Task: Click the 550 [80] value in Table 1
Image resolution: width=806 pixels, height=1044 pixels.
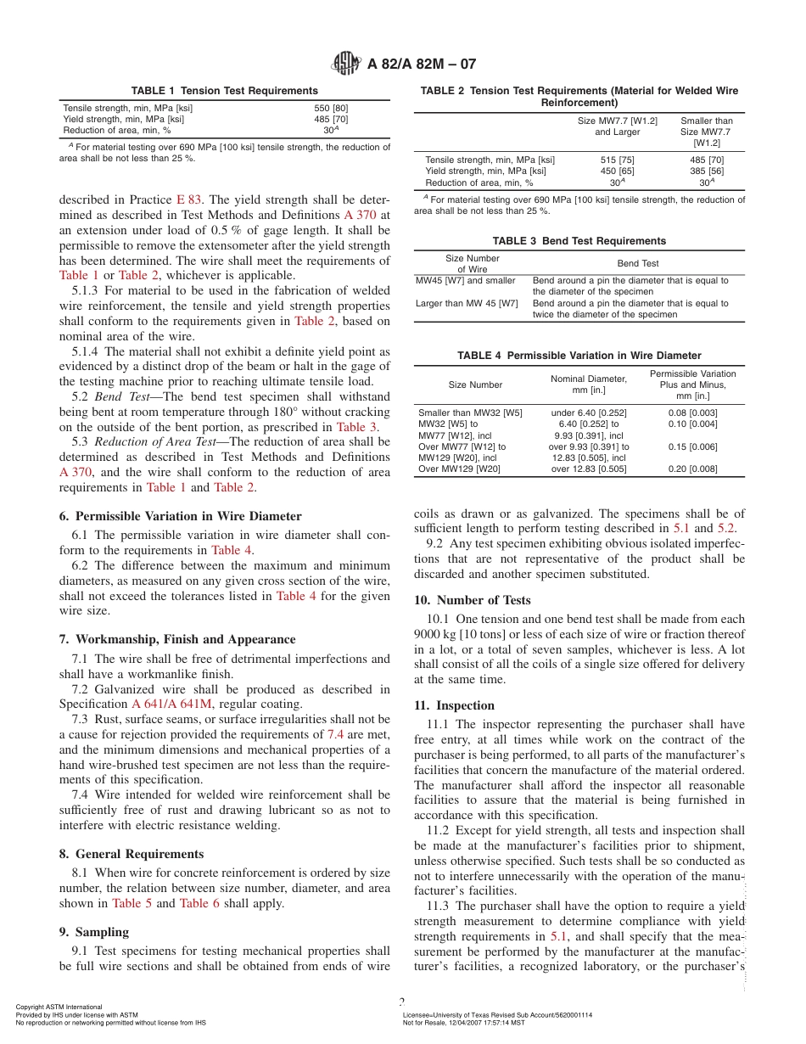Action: pyautogui.click(x=331, y=108)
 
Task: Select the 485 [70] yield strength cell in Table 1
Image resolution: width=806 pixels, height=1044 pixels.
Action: pyautogui.click(x=331, y=119)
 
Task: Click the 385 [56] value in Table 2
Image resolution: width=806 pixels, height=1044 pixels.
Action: pyautogui.click(x=706, y=171)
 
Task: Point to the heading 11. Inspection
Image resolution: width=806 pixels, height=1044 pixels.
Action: pyautogui.click(x=454, y=705)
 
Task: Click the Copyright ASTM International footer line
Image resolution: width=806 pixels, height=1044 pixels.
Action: pyautogui.click(x=59, y=1008)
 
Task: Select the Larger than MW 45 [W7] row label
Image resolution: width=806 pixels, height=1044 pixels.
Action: pyautogui.click(x=467, y=303)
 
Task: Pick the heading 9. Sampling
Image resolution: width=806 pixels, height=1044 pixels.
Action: pyautogui.click(x=94, y=932)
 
